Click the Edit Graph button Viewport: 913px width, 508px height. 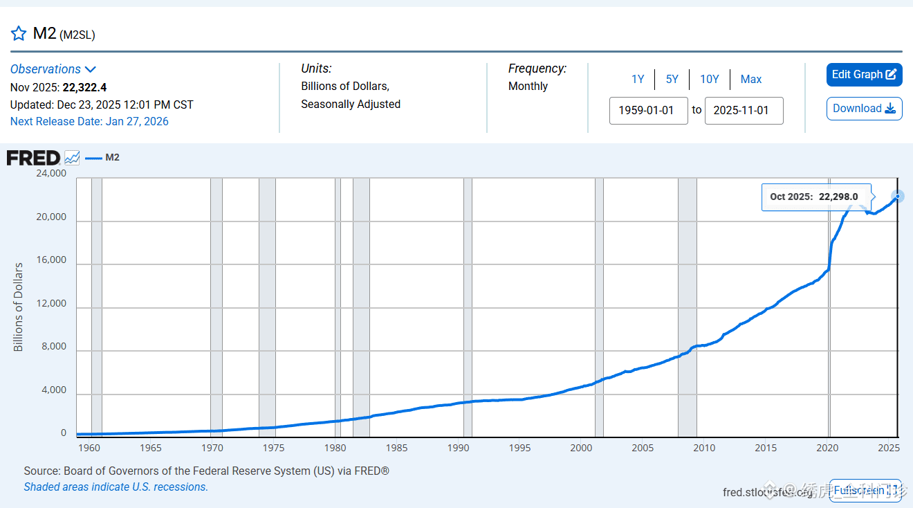point(864,75)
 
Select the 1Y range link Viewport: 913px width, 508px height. point(638,80)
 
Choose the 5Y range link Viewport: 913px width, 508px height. point(672,80)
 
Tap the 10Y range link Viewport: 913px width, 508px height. point(710,80)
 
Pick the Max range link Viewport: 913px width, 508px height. point(751,80)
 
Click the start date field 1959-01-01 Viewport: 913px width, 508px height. point(648,111)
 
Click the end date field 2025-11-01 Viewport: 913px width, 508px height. point(744,111)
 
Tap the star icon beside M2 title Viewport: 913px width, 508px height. point(19,33)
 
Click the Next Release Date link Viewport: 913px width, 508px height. point(89,122)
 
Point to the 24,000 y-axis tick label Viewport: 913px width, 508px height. point(51,174)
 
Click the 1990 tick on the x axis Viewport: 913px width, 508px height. point(458,448)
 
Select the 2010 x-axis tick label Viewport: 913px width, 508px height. point(704,448)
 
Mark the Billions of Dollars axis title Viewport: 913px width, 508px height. point(19,307)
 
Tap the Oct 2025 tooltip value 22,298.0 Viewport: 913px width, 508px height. point(838,197)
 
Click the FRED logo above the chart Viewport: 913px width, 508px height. point(34,158)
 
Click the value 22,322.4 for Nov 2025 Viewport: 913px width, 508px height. point(84,87)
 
